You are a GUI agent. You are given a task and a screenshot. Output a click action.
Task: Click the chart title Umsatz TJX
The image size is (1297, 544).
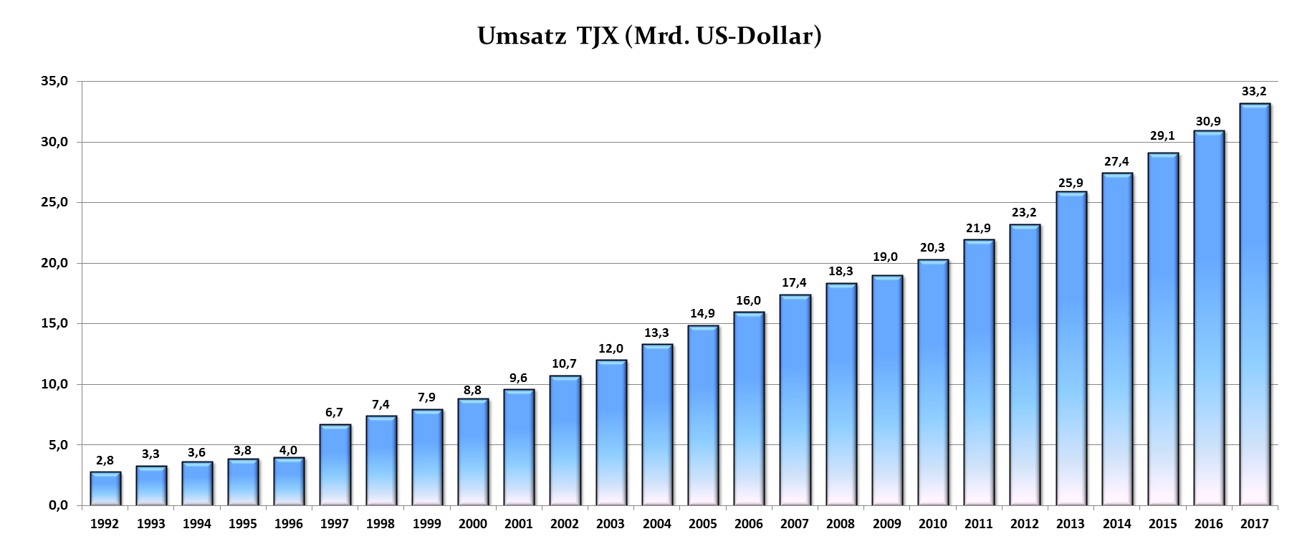pos(648,37)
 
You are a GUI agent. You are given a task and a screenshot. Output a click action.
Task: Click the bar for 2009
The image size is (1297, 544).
pos(886,391)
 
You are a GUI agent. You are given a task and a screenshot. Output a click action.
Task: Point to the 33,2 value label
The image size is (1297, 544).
pos(1254,91)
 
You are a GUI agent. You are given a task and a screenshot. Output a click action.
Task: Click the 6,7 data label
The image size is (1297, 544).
pos(335,412)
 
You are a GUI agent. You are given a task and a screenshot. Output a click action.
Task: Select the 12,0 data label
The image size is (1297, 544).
pos(611,348)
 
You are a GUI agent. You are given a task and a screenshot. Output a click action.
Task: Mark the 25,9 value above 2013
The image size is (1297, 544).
pos(1071,179)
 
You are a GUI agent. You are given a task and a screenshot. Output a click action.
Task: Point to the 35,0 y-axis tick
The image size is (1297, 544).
pos(54,82)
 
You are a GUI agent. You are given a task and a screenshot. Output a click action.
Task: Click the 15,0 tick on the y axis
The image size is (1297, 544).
pos(54,324)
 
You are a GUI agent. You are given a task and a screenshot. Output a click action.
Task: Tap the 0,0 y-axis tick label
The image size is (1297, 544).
pos(58,506)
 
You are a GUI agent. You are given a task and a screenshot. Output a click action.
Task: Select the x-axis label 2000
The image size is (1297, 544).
pos(472,524)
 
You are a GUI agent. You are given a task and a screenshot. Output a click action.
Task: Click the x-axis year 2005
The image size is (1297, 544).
pos(702,524)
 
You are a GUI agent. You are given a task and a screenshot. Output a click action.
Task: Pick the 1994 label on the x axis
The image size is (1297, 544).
pos(196,524)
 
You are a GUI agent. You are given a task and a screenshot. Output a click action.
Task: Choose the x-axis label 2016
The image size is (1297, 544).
pos(1208,524)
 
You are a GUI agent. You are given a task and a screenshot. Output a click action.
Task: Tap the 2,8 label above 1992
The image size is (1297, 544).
pos(105,460)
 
